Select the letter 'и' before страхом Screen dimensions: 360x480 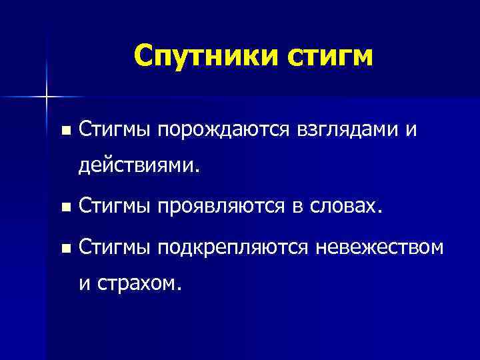[85, 285]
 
